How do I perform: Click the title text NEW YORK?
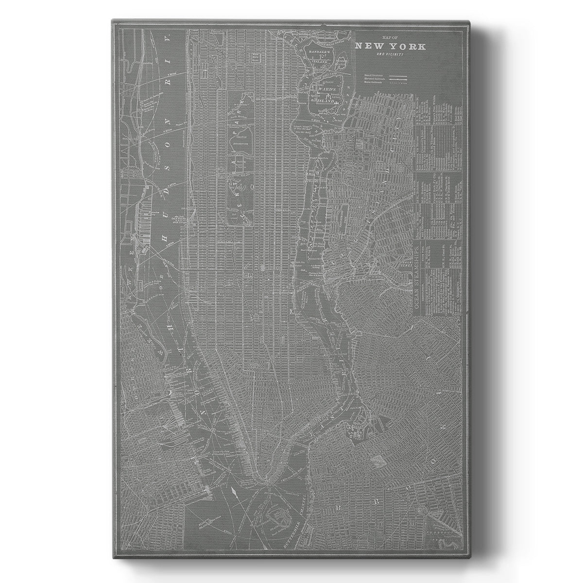click(x=391, y=47)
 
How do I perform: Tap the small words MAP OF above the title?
click(x=390, y=38)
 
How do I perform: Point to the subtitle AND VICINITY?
click(x=391, y=54)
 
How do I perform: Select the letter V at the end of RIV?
click(x=168, y=39)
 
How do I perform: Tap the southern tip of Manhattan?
click(x=265, y=478)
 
